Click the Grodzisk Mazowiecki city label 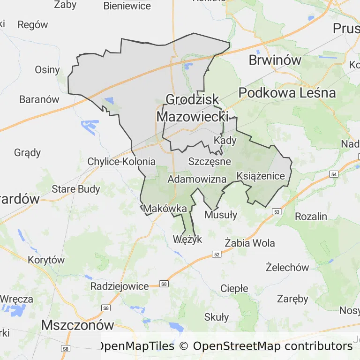pos(192,108)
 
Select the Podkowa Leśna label pos(287,93)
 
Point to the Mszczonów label pos(78,325)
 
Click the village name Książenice pos(261,176)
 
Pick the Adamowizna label pos(197,179)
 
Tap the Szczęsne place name pos(210,161)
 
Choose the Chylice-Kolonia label pos(121,162)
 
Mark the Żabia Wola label pos(250,243)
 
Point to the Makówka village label pos(165,209)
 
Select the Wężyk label pos(187,239)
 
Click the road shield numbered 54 pos(333,174)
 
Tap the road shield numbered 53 pos(276,212)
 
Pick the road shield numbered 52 pos(216,254)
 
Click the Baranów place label pos(39,99)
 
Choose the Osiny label pos(47,70)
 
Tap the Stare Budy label pos(76,189)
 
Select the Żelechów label pos(287,268)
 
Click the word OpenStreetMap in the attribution pos(237,346)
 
